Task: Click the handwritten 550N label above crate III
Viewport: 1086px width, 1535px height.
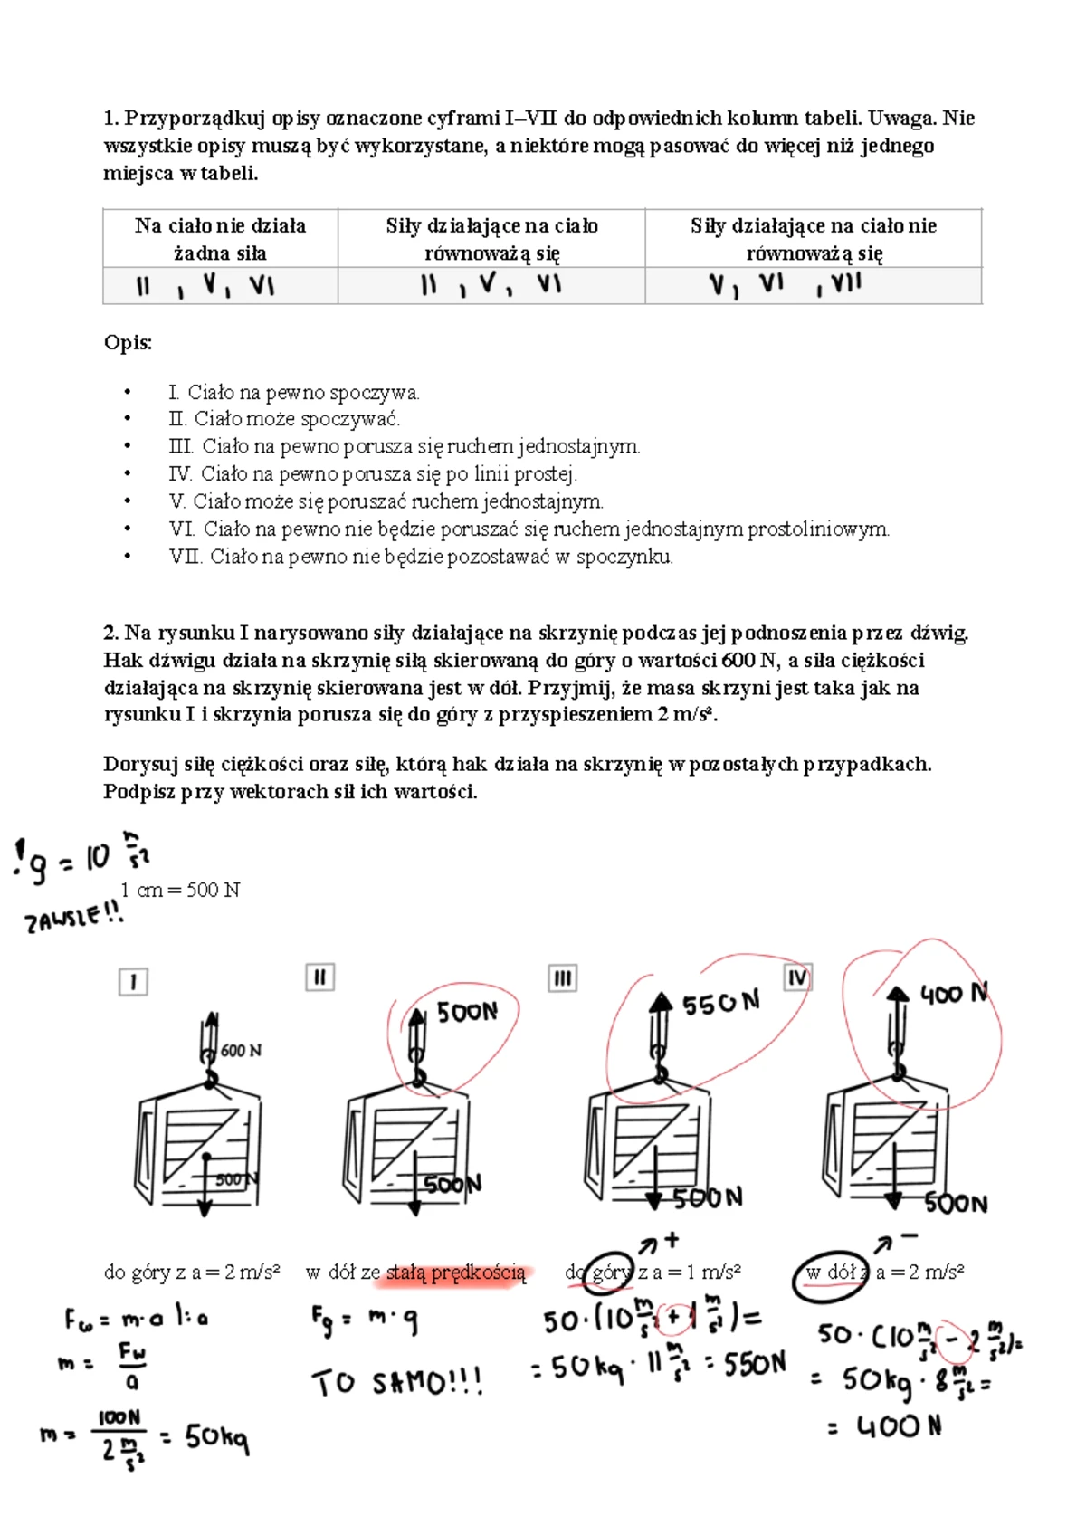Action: [x=720, y=1003]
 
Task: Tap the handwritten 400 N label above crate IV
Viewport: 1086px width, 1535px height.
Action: [x=955, y=993]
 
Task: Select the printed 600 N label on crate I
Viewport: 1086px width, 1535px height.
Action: [x=241, y=1051]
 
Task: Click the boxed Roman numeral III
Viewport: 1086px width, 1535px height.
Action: [x=563, y=977]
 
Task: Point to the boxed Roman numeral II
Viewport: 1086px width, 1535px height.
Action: [x=320, y=977]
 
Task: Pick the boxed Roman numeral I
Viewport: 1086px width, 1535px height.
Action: [x=133, y=982]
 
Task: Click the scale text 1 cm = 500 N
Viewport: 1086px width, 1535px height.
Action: [x=180, y=891]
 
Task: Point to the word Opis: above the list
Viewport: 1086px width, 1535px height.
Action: [x=129, y=343]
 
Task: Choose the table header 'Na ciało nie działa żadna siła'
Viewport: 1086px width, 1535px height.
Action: [x=220, y=238]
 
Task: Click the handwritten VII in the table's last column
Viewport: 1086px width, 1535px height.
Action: [x=845, y=282]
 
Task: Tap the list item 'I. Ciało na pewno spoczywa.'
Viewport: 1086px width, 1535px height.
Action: [x=294, y=393]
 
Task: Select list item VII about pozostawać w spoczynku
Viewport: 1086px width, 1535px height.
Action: [x=421, y=557]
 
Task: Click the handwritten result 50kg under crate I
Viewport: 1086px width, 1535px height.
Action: [x=216, y=1437]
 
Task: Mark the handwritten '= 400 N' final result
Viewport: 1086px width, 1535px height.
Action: [x=884, y=1427]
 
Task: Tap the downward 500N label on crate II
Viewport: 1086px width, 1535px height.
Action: [x=452, y=1184]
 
